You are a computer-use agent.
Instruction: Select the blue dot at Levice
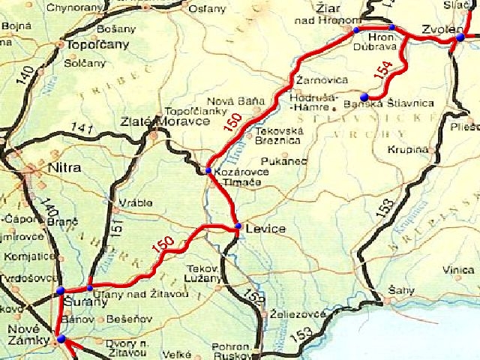click(238, 226)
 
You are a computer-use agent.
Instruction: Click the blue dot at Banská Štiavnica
click(364, 97)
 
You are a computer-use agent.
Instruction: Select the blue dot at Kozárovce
click(208, 171)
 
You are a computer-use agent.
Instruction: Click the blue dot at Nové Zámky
click(61, 340)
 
